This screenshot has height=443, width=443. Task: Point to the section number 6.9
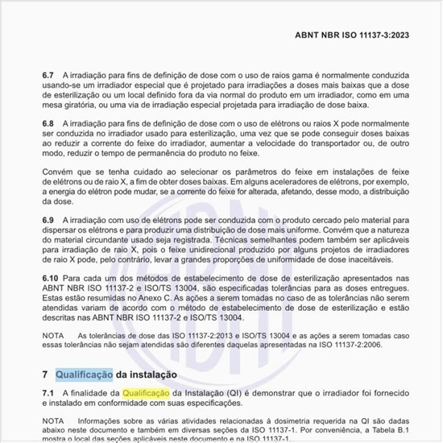(x=48, y=219)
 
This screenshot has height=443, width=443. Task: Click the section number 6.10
(x=51, y=277)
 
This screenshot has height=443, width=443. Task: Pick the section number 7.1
(x=48, y=391)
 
